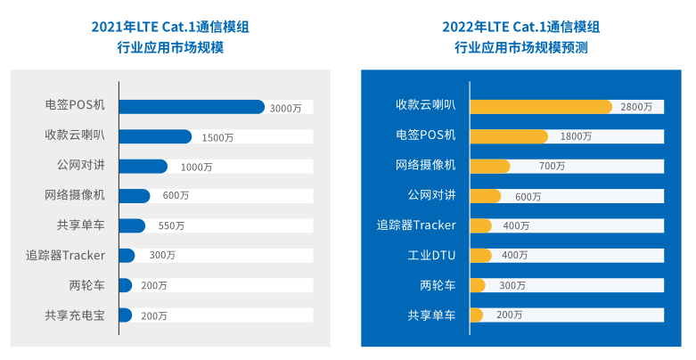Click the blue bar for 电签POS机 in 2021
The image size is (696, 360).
[x=191, y=107]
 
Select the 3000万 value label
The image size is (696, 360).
[x=285, y=108]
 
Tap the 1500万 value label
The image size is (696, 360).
[x=217, y=137]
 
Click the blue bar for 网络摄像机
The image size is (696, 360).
[x=135, y=196]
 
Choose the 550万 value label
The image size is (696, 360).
[x=171, y=225]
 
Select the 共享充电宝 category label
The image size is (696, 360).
[x=75, y=315]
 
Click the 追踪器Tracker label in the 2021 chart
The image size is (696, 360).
[x=65, y=256]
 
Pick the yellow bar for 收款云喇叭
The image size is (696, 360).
[x=540, y=106]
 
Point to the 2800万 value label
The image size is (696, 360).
[x=636, y=107]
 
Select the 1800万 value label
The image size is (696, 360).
[x=576, y=136]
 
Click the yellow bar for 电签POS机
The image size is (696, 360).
[x=508, y=136]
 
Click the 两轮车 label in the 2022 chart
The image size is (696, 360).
[x=438, y=285]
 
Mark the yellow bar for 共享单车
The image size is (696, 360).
[x=476, y=315]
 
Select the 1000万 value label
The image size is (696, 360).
[x=196, y=167]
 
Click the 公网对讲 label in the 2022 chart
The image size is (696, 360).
[x=431, y=195]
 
